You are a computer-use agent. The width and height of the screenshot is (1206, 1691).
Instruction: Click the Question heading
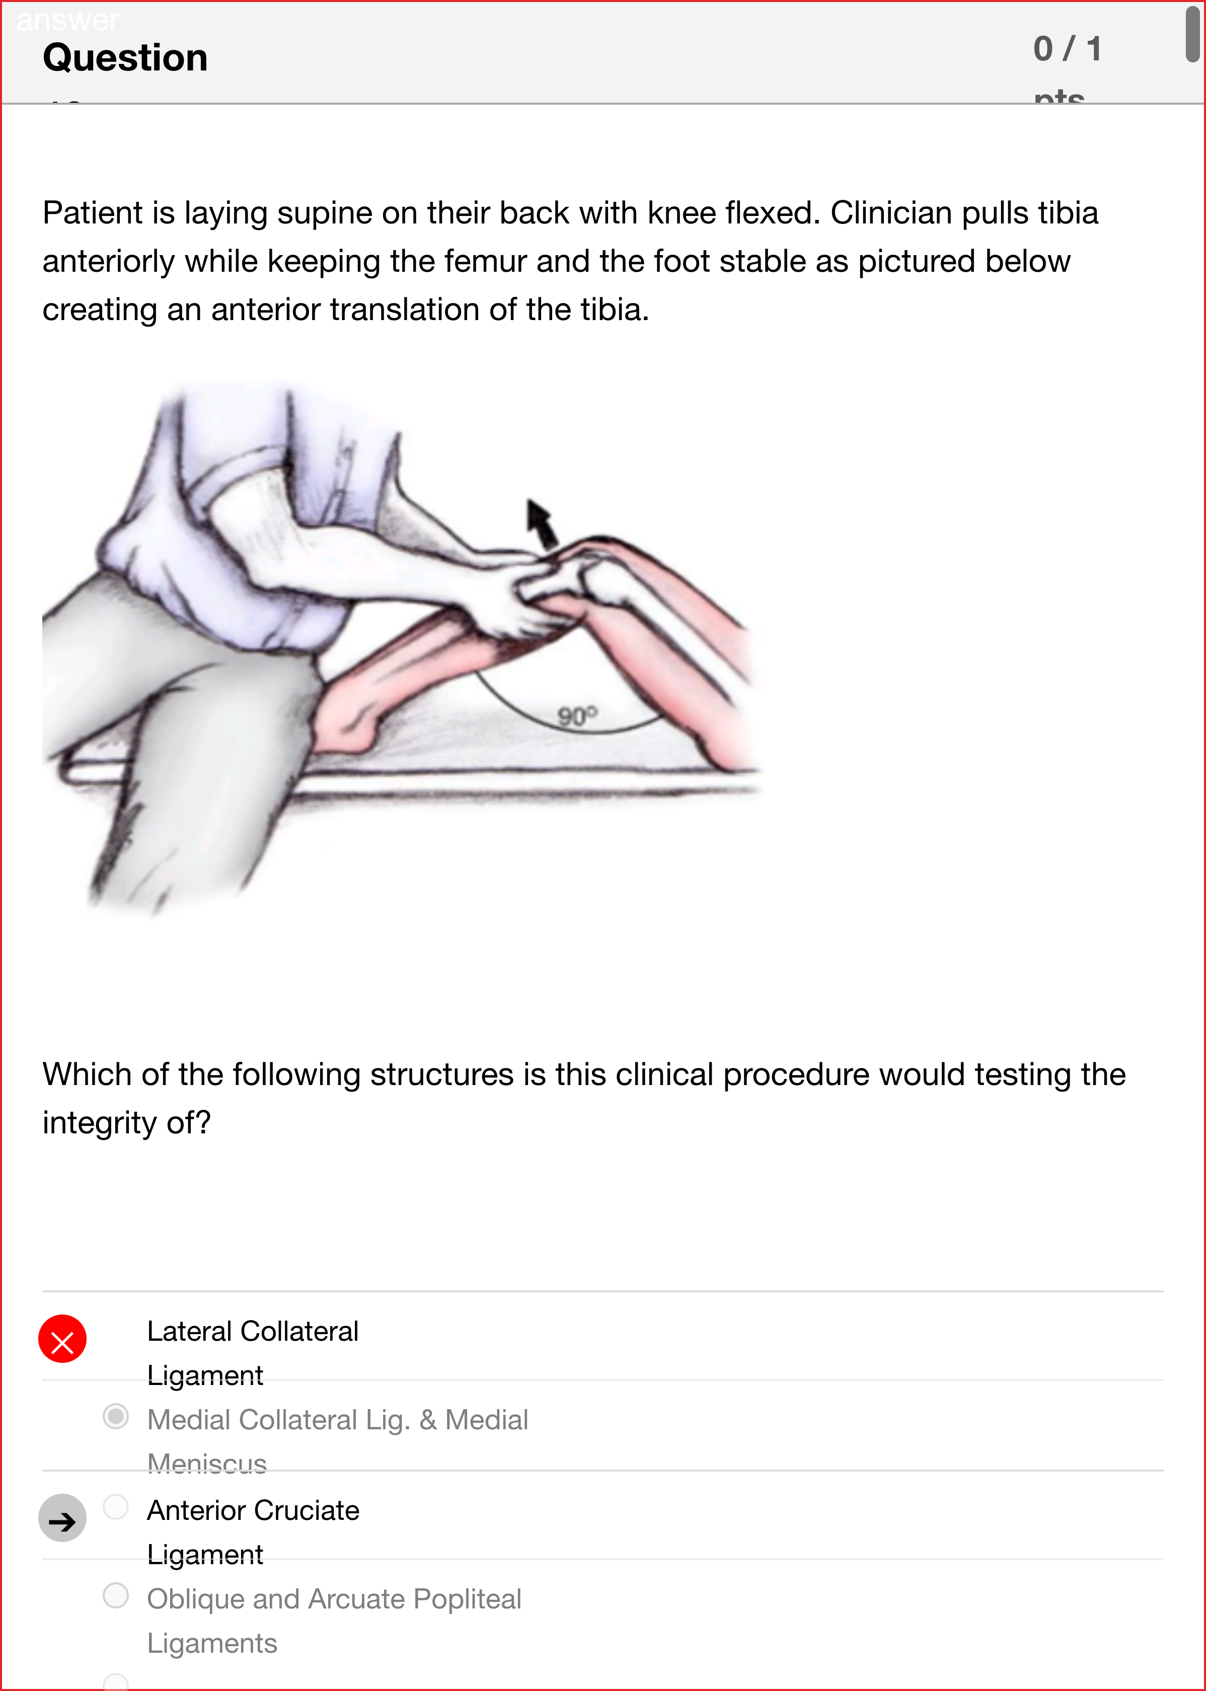(x=125, y=58)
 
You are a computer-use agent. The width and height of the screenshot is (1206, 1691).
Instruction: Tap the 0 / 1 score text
(x=1067, y=49)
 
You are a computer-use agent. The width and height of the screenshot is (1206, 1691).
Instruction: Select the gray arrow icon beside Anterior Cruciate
(x=62, y=1517)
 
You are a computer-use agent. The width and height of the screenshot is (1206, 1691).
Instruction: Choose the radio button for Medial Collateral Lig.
(x=116, y=1416)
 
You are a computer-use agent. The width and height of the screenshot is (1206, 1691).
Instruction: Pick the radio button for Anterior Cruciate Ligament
(x=116, y=1506)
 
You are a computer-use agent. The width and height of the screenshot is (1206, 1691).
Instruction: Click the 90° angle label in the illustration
(x=577, y=716)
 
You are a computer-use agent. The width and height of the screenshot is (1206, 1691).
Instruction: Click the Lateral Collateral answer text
(x=253, y=1331)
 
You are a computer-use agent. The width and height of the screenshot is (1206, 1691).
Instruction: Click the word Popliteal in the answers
(x=467, y=1599)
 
